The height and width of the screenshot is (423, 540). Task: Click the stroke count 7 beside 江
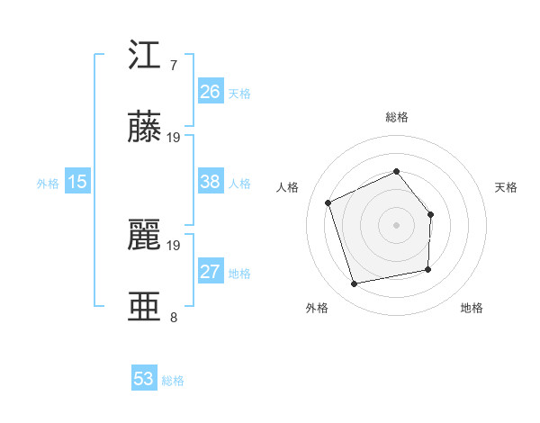coord(173,66)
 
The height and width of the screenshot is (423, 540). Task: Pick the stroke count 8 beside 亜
coord(173,317)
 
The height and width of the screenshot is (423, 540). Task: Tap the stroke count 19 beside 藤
coord(174,138)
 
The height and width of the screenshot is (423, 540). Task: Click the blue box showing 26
coord(210,92)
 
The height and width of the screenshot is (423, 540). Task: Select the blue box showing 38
coord(210,183)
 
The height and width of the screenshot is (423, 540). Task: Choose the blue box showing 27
coord(210,273)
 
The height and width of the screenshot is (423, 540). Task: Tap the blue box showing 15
coord(77,183)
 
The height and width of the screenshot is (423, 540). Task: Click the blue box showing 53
coord(144,379)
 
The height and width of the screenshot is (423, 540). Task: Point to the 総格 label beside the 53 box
coord(173,381)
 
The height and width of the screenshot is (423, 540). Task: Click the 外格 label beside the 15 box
coord(48,184)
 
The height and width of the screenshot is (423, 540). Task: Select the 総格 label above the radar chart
coord(396,117)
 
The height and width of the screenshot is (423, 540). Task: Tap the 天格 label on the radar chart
coord(507,187)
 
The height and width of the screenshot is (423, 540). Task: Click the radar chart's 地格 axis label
coord(472,308)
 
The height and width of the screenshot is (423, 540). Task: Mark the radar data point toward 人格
coord(329,202)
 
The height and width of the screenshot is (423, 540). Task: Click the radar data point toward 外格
coord(355,283)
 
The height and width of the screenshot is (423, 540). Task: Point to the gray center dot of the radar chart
coord(396,224)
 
